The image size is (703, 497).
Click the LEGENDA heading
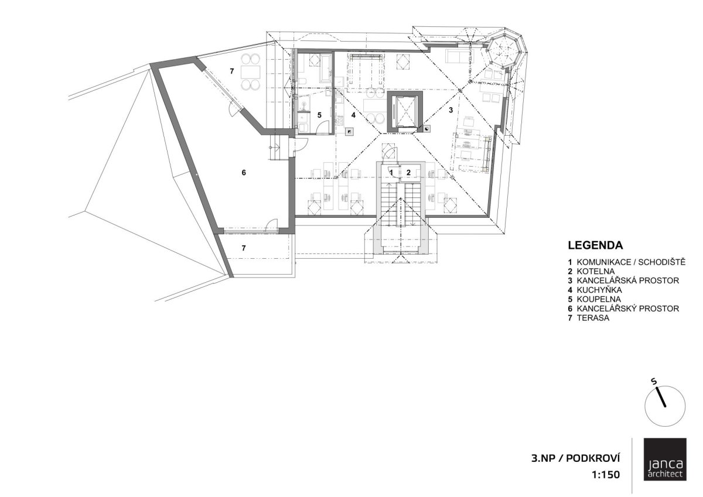coord(595,245)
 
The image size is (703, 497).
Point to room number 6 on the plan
coord(244,173)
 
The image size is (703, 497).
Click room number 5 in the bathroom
coord(319,115)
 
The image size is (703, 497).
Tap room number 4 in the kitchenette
coord(353,115)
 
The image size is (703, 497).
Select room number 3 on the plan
coord(451,110)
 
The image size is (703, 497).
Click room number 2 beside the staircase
coord(409,172)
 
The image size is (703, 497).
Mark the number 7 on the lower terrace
coord(244,248)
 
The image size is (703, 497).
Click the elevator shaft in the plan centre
coord(405,112)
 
